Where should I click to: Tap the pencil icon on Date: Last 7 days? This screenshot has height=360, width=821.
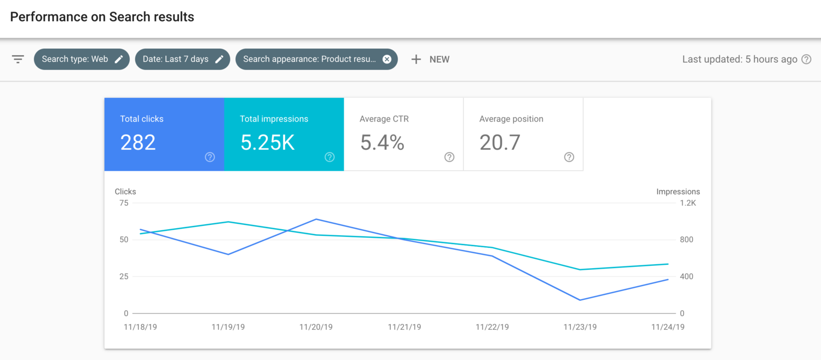coord(219,59)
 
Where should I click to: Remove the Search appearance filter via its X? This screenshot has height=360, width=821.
coord(387,59)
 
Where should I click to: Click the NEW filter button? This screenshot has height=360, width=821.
coord(430,59)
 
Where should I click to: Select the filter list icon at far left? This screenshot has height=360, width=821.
coord(18,59)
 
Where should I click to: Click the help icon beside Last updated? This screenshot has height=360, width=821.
coord(806,59)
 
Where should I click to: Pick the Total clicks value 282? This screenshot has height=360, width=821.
coord(138,143)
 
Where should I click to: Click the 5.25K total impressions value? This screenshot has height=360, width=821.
coord(268,143)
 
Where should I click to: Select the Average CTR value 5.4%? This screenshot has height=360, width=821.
coord(382,143)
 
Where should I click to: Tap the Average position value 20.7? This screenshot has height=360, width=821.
coord(499,143)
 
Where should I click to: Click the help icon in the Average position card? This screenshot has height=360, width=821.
coord(569,157)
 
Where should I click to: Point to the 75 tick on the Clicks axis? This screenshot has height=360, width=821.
coord(123,203)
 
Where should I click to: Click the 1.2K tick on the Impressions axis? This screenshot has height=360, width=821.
coord(687,203)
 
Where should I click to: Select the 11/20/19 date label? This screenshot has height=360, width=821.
coord(316,327)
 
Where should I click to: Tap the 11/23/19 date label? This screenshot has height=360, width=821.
coord(580,327)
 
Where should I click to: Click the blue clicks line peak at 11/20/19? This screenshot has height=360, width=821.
coord(316,219)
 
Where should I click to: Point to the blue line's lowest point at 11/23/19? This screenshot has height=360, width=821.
coord(580,300)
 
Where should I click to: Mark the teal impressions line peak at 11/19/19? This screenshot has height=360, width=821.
coord(228,222)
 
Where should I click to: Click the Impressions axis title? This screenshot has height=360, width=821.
coord(678,191)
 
